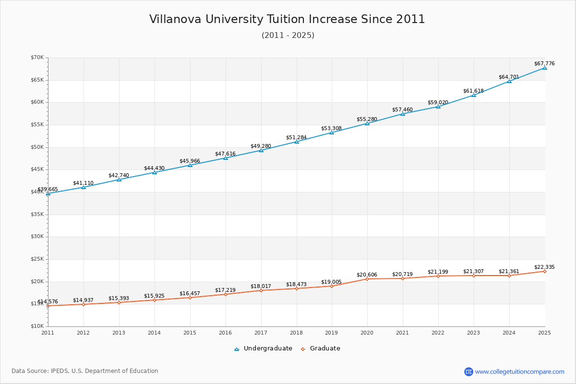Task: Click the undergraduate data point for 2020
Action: coord(367,123)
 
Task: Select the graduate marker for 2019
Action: coord(332,286)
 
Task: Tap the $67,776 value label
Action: coord(544,63)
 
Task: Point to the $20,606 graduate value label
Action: coord(367,275)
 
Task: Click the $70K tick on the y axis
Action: coord(37,58)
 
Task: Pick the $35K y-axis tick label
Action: coord(37,214)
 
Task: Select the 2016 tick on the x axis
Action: coord(225,333)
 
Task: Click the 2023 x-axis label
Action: coord(473,333)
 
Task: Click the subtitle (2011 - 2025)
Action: coord(288,36)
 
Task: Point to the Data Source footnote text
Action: coord(85,371)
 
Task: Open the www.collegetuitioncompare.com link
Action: coord(519,372)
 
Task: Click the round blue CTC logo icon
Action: coord(468,372)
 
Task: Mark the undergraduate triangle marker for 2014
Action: coord(155,172)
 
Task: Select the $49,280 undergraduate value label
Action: coord(261,146)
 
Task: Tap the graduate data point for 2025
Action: coord(544,271)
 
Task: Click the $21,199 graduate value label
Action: coord(438,272)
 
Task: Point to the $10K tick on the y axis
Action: coord(37,326)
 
